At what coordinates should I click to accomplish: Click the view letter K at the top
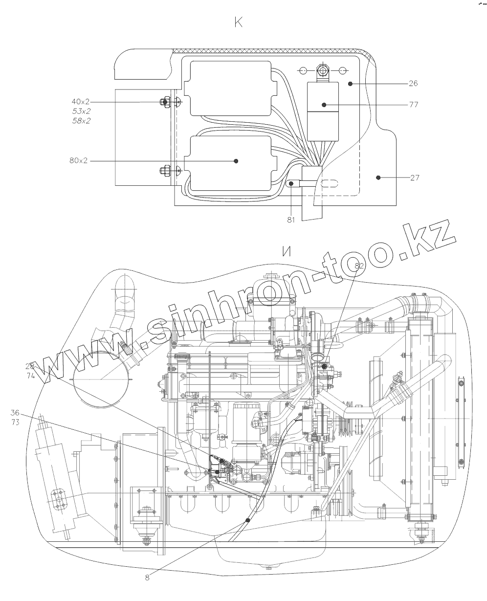(239, 22)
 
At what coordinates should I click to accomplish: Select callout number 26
(413, 83)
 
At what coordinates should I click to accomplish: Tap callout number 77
(413, 105)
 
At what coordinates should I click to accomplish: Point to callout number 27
(415, 178)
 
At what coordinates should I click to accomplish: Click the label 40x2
(81, 101)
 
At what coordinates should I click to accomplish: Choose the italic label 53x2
(81, 111)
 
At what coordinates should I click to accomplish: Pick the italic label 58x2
(81, 120)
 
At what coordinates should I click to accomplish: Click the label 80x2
(78, 160)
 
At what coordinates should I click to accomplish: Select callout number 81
(291, 220)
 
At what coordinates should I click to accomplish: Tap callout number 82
(360, 266)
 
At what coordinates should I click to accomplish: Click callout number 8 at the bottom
(147, 577)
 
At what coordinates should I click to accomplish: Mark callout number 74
(30, 376)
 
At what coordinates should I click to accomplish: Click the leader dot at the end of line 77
(324, 105)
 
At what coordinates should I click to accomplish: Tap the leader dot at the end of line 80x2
(236, 160)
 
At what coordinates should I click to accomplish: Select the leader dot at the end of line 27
(377, 178)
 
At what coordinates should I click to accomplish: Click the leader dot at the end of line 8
(248, 520)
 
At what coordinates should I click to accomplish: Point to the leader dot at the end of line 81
(291, 184)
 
